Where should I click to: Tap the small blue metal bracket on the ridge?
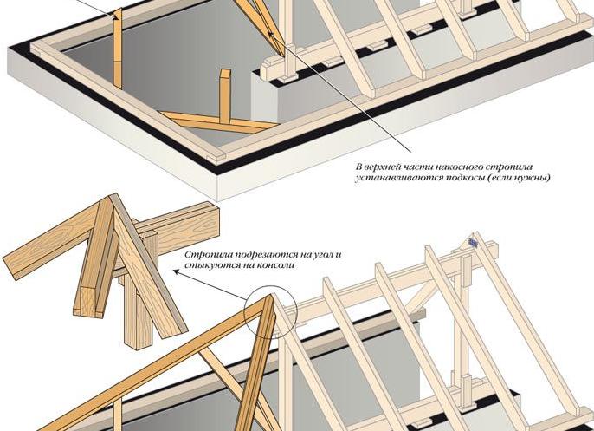coord(473,242)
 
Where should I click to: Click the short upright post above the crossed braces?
coord(224,96)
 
